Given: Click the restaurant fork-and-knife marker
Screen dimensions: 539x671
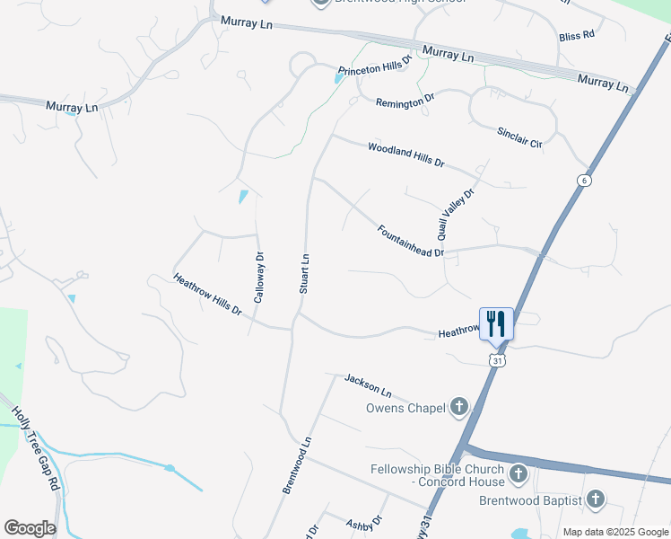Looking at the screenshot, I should (496, 323).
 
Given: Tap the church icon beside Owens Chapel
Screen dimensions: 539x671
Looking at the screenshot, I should (458, 408).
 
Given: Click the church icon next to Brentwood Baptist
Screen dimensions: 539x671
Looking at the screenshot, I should (594, 499).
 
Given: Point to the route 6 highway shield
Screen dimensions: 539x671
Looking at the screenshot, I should (585, 181).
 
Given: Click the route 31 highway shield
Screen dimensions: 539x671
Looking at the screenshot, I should (496, 359).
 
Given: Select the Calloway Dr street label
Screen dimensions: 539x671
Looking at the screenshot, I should (258, 277).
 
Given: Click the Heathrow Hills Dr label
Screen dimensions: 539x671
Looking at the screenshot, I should (207, 295).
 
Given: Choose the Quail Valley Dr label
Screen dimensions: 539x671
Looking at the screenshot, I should (455, 214).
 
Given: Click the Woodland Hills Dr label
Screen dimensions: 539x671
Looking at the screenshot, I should (405, 155).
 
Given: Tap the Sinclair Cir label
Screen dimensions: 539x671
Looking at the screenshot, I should (520, 137).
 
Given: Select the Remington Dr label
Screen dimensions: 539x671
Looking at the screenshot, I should (405, 102).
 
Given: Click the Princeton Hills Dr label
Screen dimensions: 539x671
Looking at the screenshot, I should (374, 67).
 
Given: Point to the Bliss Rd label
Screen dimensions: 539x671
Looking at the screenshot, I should (577, 36).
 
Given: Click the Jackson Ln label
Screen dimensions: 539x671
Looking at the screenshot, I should (369, 386).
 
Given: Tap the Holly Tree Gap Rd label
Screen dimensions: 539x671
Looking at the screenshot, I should (36, 448).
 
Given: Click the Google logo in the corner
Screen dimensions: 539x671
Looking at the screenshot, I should (30, 527).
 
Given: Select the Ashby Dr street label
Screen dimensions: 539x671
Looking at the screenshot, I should (365, 522).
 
